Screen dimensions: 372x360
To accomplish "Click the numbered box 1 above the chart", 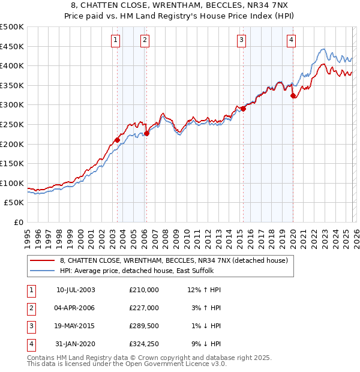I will pyautogui.click(x=115, y=40).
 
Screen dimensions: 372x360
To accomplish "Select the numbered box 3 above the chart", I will pyautogui.click(x=241, y=40).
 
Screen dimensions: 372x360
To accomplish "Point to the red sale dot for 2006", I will pyautogui.click(x=147, y=133).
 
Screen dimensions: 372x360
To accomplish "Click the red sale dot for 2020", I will pyautogui.click(x=293, y=95).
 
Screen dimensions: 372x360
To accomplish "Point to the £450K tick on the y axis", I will pyautogui.click(x=12, y=46).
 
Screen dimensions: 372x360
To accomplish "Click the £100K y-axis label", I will pyautogui.click(x=12, y=183).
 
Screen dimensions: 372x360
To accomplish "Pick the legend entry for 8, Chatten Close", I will pyautogui.click(x=174, y=260).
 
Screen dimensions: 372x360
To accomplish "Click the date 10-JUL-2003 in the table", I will pyautogui.click(x=76, y=289).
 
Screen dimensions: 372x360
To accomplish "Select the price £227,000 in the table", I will pyautogui.click(x=144, y=307).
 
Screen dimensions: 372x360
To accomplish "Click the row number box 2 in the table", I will pyautogui.click(x=31, y=307).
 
